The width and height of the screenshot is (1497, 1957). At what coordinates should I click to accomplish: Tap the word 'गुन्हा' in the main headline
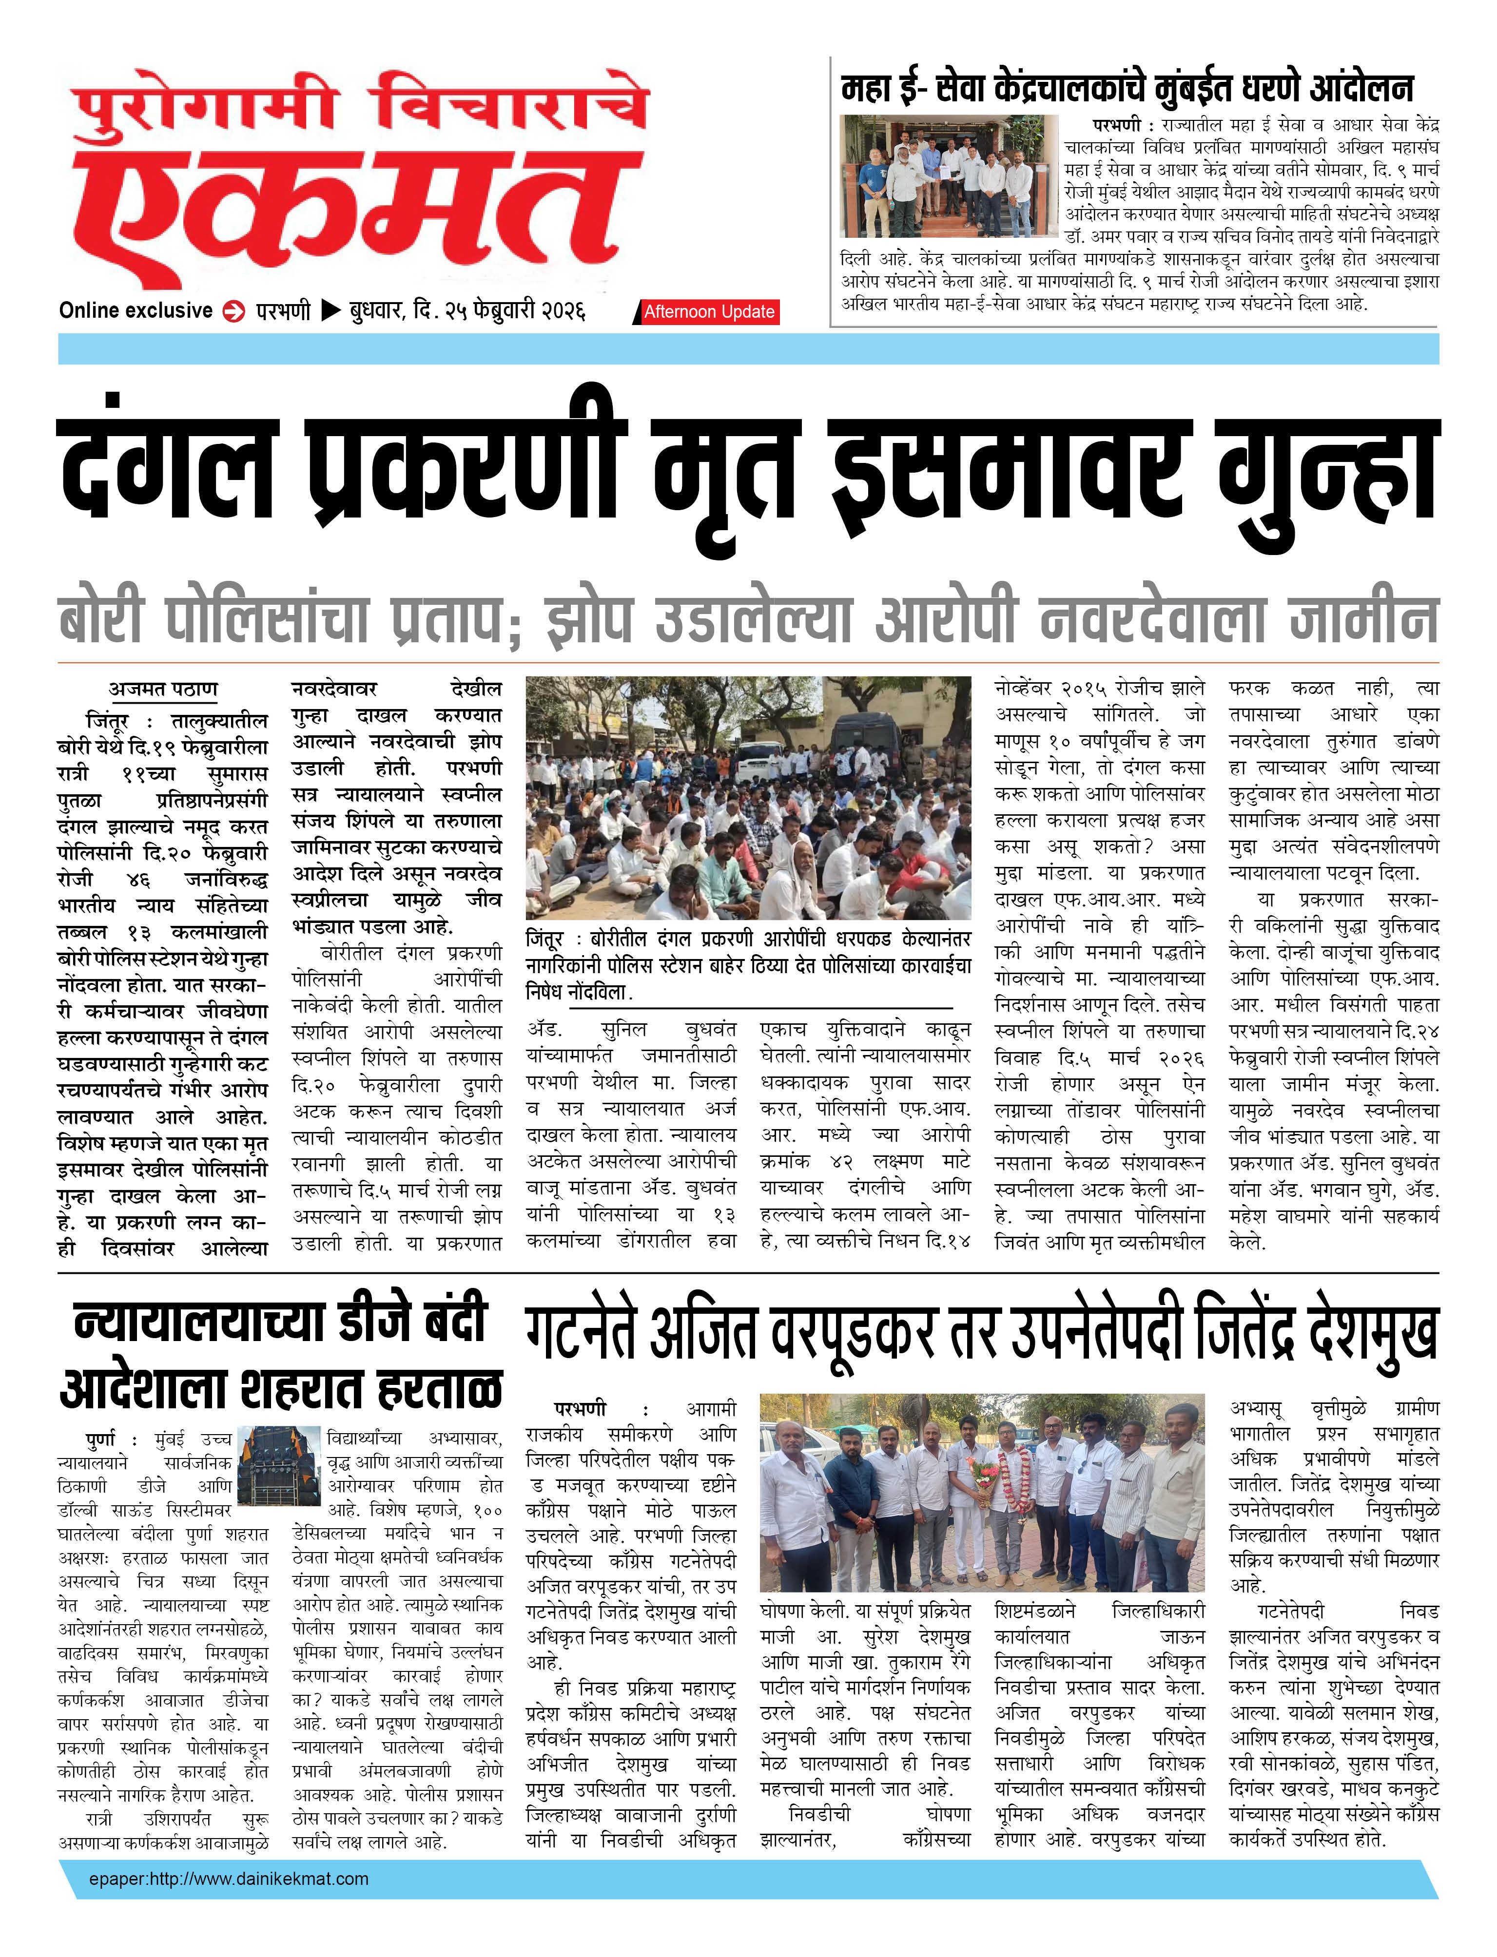1328,472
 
